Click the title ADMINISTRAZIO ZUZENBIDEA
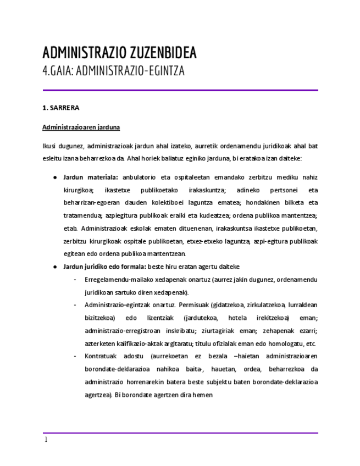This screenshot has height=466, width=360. coord(119,53)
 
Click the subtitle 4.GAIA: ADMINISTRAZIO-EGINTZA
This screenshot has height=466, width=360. coord(113,71)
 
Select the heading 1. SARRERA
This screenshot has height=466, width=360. coord(61,108)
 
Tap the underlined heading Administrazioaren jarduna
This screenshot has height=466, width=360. coord(81,127)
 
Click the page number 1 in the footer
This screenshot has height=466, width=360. coord(46,440)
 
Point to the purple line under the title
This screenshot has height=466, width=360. coord(180,90)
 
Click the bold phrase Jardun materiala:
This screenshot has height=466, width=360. coord(91,177)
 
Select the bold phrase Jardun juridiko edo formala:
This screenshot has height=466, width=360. coord(104,267)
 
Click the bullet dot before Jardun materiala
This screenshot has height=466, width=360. coord(55,177)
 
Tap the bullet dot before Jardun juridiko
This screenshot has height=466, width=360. coord(55,267)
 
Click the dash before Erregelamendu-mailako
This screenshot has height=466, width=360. coord(74,280)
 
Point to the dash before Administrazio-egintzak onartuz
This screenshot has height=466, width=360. coord(74,305)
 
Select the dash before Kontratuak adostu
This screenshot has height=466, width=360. coord(74,356)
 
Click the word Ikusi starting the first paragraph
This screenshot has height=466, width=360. coord(49,147)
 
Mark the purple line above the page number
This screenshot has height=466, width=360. coord(180,433)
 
